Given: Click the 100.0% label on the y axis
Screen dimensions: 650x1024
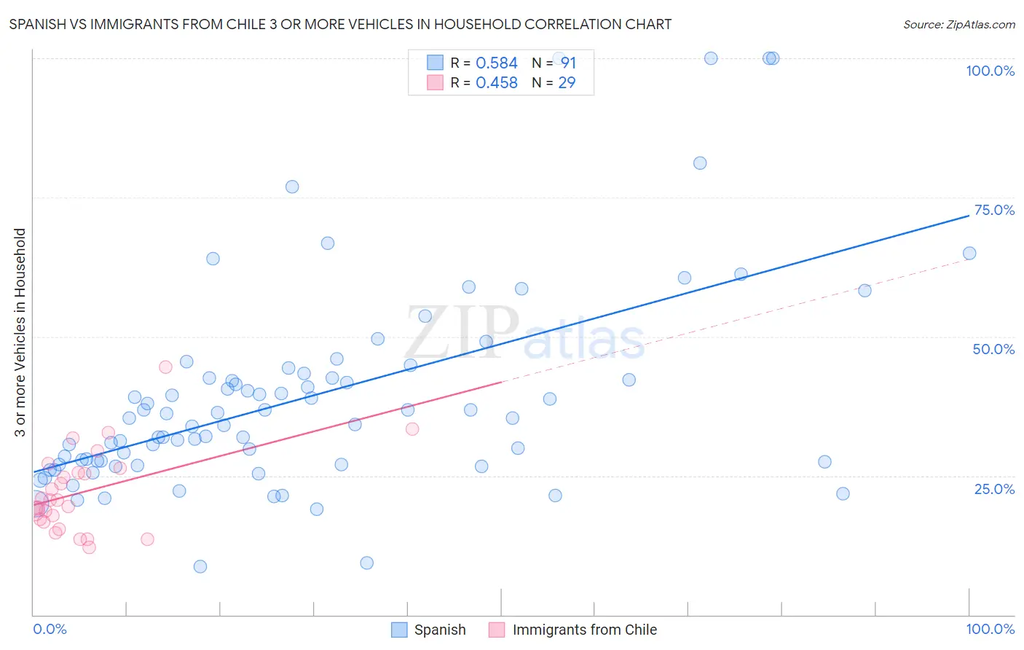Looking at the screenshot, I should (x=990, y=71).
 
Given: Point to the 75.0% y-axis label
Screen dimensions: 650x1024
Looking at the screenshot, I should (x=994, y=210).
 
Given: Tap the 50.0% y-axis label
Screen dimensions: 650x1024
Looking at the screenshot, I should (x=993, y=349).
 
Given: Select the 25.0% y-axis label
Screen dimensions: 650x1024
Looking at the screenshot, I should (x=994, y=489).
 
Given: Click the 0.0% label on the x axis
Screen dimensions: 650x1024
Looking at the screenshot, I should (x=50, y=629).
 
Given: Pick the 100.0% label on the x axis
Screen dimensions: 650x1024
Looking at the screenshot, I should (x=990, y=629).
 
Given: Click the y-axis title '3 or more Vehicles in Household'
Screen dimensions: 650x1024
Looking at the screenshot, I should (x=20, y=332).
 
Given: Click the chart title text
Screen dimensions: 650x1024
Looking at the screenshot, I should (x=340, y=25).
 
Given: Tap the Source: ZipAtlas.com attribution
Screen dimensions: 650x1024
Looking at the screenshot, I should (x=958, y=25).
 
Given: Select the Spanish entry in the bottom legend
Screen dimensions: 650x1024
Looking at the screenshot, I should (x=439, y=630).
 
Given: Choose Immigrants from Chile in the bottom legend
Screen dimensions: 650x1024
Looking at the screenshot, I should (x=584, y=630).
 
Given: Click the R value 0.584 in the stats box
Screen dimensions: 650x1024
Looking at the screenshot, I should (x=496, y=63).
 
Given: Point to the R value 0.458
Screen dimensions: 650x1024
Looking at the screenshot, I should (x=496, y=83).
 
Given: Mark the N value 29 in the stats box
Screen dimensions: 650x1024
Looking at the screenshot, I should (x=567, y=83).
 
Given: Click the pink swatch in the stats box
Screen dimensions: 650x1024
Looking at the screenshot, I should (x=435, y=82).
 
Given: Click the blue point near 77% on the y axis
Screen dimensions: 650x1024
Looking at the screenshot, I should (x=292, y=187).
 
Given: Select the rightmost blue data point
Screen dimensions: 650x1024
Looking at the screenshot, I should (x=969, y=254).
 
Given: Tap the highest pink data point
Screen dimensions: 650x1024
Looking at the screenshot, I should (x=165, y=367).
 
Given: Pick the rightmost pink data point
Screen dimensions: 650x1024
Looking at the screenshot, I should (x=412, y=428).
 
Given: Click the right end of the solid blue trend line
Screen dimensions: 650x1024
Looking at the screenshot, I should (x=969, y=216).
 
